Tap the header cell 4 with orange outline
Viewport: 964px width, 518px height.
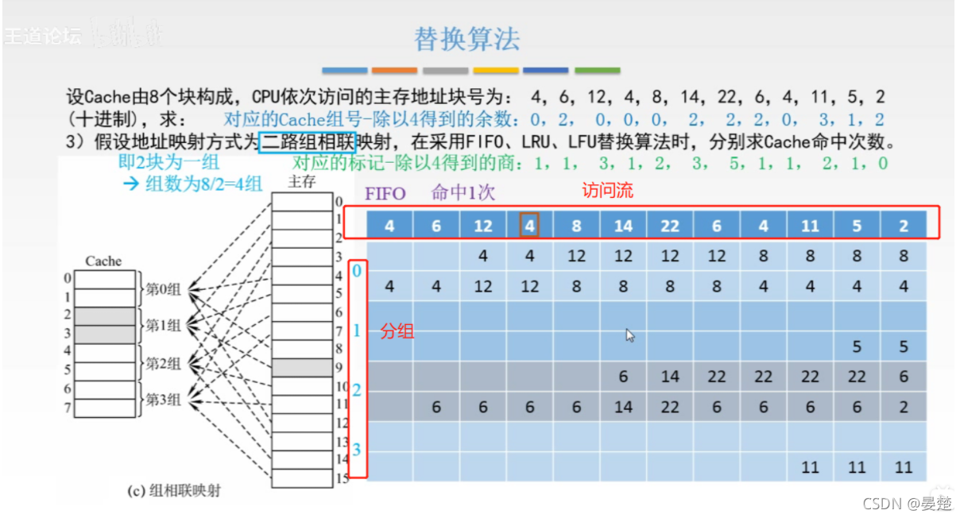coord(529,226)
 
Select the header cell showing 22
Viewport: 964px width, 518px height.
coord(670,226)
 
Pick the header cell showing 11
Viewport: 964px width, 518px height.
coord(810,226)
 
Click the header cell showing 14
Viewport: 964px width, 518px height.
coord(623,226)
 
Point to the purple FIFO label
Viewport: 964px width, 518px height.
coord(385,193)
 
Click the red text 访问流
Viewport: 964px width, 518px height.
coord(608,191)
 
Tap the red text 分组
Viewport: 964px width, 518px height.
coord(397,331)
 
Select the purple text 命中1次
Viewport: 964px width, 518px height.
coord(463,193)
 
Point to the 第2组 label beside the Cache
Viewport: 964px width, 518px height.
coord(163,364)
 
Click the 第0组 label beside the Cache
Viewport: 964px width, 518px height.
coord(163,290)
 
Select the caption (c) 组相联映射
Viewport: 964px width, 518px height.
coord(174,491)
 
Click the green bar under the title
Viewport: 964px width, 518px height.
coord(597,71)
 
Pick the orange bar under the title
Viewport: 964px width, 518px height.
coord(394,71)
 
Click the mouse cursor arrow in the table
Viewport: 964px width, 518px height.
coord(629,334)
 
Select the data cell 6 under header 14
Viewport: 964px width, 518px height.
coord(623,377)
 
